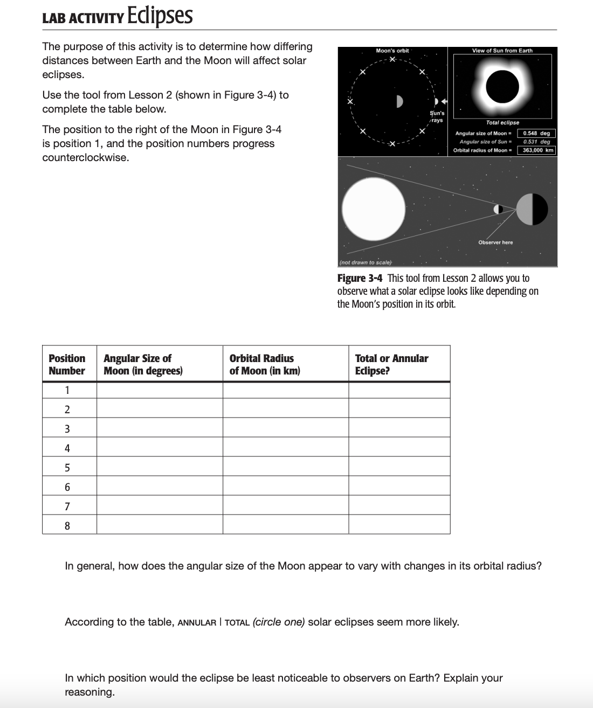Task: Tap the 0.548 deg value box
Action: (536, 133)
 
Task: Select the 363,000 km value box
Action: (536, 150)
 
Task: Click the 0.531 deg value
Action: (536, 142)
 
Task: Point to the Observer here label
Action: (495, 242)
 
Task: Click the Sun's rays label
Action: (437, 116)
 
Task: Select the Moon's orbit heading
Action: (392, 51)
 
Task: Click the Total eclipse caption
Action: (502, 123)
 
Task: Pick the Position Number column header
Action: (67, 364)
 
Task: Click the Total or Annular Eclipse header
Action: (391, 364)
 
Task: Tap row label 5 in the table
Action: (67, 467)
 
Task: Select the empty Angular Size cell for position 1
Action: (160, 390)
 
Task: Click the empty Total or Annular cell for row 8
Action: (399, 525)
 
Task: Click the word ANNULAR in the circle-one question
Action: (197, 622)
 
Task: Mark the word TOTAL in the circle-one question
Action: (237, 622)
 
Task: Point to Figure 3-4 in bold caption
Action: (360, 278)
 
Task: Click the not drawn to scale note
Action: (365, 262)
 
